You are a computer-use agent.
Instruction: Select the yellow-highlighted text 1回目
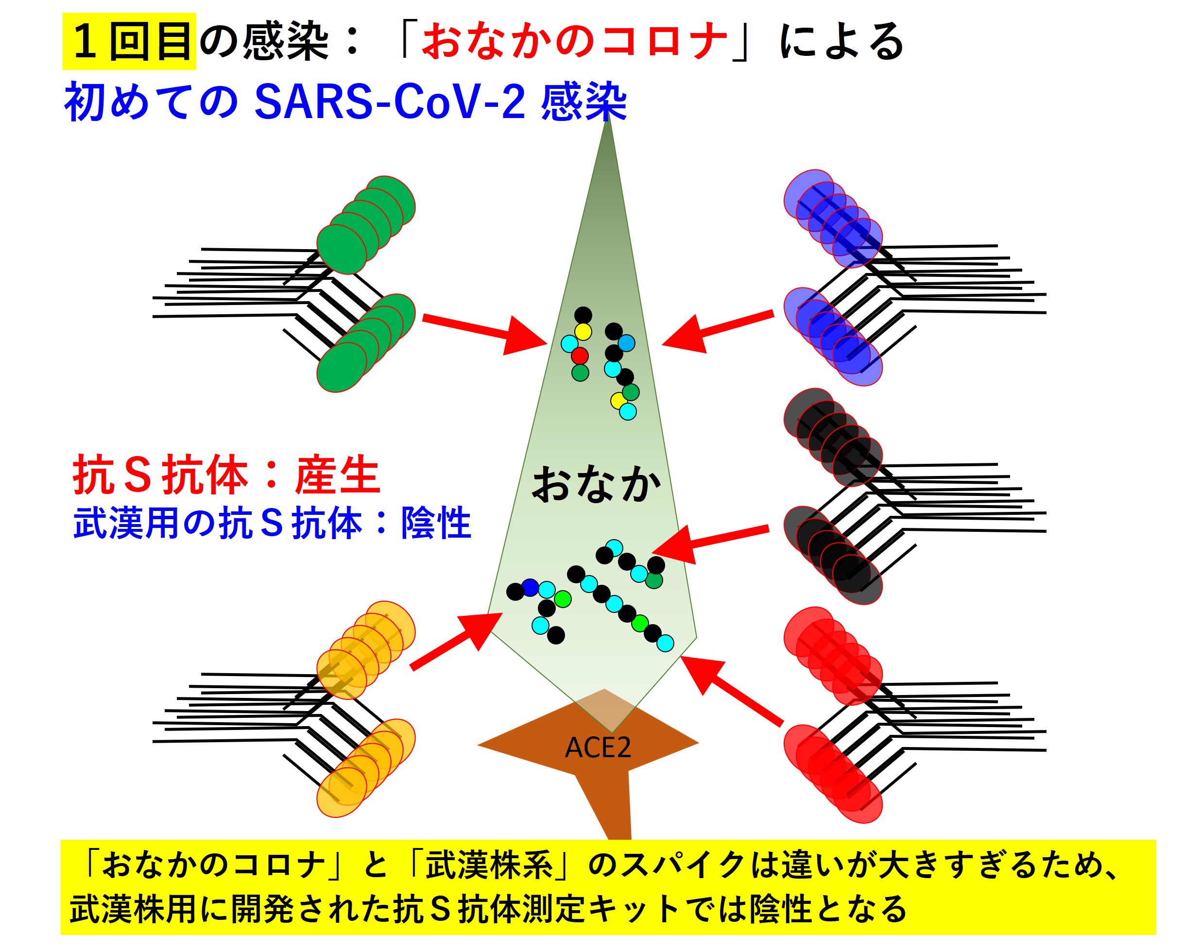[x=130, y=42]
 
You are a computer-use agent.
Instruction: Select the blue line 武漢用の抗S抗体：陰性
[x=273, y=523]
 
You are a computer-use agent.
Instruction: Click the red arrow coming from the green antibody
[x=483, y=331]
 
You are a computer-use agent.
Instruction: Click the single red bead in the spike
[x=580, y=356]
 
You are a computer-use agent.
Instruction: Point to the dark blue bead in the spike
[x=530, y=588]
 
